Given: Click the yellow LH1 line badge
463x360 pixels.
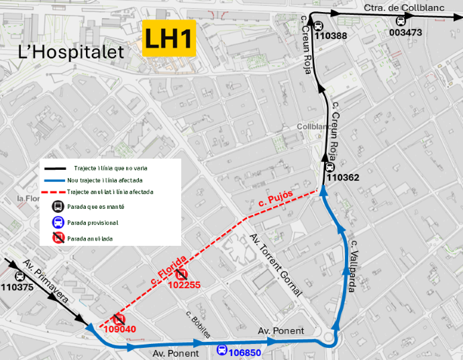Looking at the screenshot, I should tap(169, 38).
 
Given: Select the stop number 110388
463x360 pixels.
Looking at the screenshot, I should tap(331, 36).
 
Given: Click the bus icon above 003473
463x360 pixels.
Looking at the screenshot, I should tap(401, 21).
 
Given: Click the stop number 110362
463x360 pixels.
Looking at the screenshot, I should tap(343, 178).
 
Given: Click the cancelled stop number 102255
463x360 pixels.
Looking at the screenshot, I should tap(184, 285).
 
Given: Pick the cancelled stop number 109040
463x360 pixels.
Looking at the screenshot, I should tap(120, 330).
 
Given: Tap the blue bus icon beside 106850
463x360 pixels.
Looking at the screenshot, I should tap(221, 349).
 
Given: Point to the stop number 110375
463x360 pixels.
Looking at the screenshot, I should tap(17, 287).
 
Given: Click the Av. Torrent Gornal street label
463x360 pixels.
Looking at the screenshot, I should tap(276, 265).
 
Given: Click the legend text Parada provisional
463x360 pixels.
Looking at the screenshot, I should tap(93, 222).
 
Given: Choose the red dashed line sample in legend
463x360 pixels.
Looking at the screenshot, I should tap(55, 192).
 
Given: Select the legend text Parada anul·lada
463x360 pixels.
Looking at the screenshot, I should tap(90, 238).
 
